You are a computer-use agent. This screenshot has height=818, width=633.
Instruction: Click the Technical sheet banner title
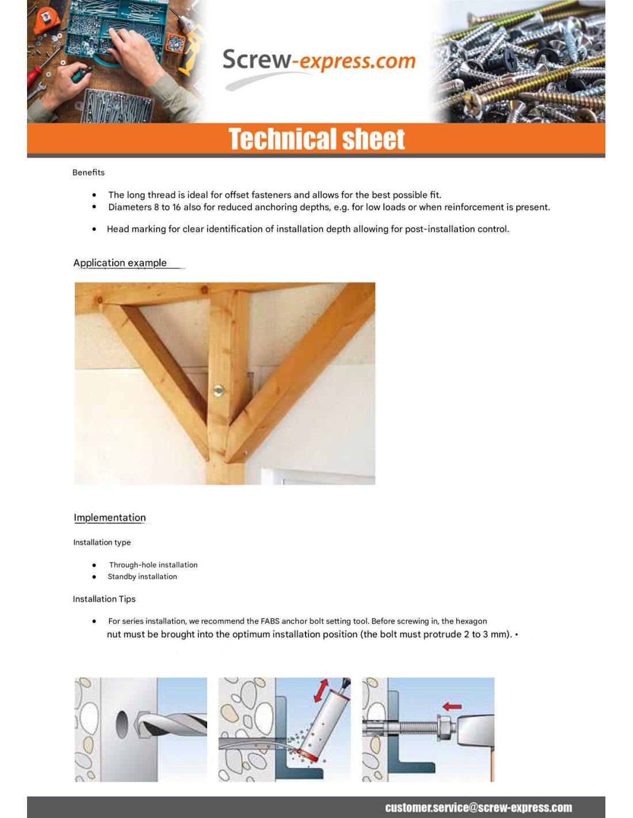(x=316, y=139)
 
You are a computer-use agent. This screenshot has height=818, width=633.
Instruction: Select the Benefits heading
(x=89, y=173)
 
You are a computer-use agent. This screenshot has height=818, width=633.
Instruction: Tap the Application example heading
(x=120, y=263)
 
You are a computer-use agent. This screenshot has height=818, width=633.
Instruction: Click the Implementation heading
(x=109, y=518)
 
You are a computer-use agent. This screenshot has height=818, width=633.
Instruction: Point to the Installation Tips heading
(x=104, y=599)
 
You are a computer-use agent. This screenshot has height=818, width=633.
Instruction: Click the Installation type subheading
(x=102, y=542)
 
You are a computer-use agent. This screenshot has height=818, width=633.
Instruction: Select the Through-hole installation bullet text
(x=153, y=565)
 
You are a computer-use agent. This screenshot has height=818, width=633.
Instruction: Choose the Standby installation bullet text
(x=142, y=576)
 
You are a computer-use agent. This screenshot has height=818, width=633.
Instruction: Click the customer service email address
(x=478, y=808)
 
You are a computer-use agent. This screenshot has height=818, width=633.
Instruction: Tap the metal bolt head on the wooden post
(x=218, y=391)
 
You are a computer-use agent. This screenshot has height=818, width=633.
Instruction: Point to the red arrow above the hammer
(x=452, y=706)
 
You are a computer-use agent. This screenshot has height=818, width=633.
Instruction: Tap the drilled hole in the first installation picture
(x=122, y=725)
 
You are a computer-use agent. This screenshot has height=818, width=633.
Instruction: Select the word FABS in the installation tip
(x=270, y=621)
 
